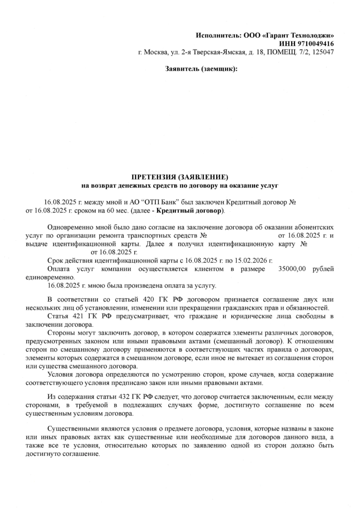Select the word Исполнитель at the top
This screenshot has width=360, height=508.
click(218, 35)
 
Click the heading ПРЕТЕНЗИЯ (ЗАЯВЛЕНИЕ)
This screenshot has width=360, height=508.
click(180, 176)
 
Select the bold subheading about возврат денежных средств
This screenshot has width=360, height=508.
click(180, 185)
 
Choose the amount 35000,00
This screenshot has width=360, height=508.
click(292, 269)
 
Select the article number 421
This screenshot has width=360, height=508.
click(75, 316)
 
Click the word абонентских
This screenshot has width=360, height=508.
click(314, 227)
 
